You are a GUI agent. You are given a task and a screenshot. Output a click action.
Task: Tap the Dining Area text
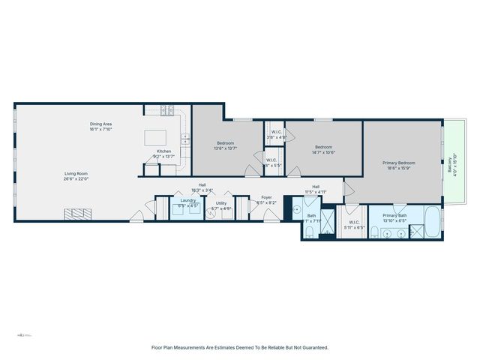(100, 127)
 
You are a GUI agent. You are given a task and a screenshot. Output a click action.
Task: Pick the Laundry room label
(187, 202)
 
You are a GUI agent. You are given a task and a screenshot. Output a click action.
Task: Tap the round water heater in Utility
(211, 214)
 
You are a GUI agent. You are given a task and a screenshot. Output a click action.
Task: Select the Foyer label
(266, 200)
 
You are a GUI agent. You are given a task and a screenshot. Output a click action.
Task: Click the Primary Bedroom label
(401, 165)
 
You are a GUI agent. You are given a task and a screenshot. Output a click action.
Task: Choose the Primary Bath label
(394, 218)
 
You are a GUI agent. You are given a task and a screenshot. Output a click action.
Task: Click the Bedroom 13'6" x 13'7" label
(226, 145)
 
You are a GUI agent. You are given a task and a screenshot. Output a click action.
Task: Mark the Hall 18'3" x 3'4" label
(202, 187)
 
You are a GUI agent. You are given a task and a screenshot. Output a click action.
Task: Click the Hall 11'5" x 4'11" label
(316, 189)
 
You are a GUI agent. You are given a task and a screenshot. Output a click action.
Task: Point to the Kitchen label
(163, 154)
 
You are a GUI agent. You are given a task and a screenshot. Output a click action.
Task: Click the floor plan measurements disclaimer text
(240, 347)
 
